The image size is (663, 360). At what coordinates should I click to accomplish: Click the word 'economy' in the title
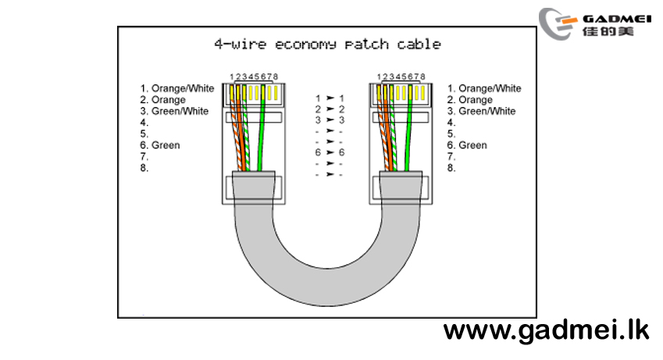coord(305,45)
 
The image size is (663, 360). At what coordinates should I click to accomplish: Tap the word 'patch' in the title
coord(366,44)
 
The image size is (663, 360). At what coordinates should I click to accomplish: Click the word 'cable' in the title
coord(419,44)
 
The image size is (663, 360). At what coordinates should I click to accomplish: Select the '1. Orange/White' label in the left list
coord(177,88)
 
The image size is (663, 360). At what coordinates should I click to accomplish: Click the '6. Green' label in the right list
coord(467,145)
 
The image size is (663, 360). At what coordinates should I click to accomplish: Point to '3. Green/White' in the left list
coord(174,111)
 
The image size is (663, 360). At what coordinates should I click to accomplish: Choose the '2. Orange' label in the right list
coord(469,100)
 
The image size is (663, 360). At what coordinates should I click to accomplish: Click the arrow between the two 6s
coord(330,152)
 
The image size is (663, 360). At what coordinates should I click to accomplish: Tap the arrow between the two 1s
coord(330,98)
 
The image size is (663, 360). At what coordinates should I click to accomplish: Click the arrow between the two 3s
coord(330,120)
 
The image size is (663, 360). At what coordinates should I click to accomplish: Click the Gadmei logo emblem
coord(558,23)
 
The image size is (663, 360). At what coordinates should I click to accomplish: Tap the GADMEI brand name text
coord(617,19)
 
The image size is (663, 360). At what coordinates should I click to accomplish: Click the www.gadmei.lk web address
coord(546,330)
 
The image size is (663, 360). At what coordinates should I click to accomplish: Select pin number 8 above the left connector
coord(275,77)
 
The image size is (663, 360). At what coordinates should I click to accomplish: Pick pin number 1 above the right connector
coord(380,77)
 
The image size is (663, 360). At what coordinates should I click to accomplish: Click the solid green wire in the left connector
coord(262,128)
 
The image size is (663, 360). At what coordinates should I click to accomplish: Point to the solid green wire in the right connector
coord(408,128)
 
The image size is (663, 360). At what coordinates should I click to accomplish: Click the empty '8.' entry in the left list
coord(144,168)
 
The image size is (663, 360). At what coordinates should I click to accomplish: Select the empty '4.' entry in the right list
coord(451,123)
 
